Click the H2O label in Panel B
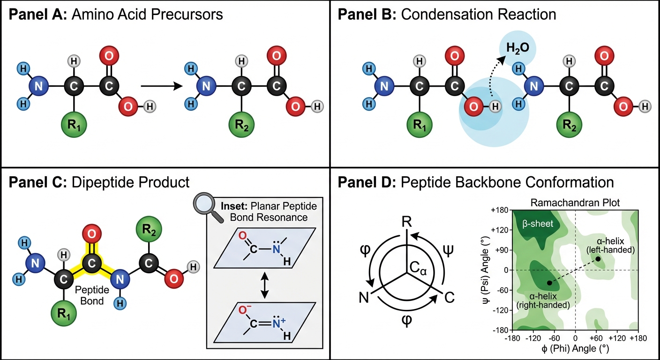click(517, 48)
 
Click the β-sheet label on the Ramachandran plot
click(538, 224)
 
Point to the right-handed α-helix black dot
click(549, 283)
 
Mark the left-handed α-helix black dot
click(598, 259)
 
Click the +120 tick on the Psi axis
click(500, 230)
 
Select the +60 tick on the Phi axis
click(596, 338)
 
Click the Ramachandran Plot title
click(575, 202)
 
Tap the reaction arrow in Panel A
click(162, 86)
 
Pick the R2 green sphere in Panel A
click(241, 125)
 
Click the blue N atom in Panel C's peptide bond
click(120, 279)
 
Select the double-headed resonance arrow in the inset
click(264, 285)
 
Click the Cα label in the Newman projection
click(418, 269)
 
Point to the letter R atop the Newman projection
click(406, 222)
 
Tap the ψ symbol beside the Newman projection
click(448, 250)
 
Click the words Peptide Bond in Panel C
click(92, 295)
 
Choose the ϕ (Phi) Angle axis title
click(575, 349)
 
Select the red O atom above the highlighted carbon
click(91, 234)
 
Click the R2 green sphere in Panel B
click(569, 125)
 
